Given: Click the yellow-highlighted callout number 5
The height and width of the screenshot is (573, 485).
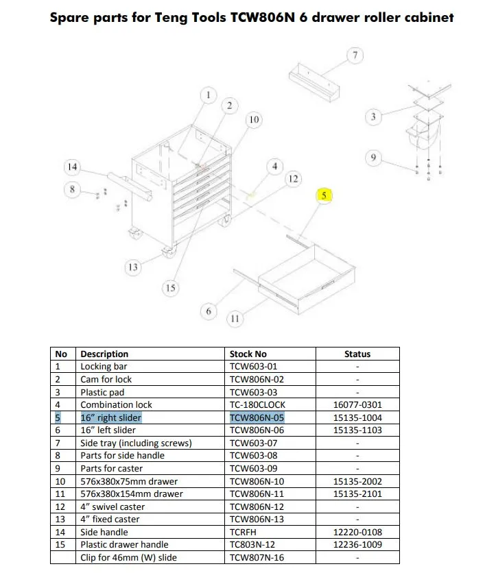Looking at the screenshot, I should pyautogui.click(x=324, y=195).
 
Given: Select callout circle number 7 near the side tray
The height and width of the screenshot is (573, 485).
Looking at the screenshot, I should pyautogui.click(x=355, y=56).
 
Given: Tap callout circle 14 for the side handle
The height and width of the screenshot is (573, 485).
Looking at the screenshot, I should pyautogui.click(x=72, y=167).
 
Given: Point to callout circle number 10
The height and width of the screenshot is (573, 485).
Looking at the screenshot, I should pyautogui.click(x=254, y=120).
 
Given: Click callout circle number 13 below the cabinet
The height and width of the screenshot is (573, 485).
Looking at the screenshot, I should pyautogui.click(x=133, y=267).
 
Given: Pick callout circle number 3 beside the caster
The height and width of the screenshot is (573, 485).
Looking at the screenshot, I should pyautogui.click(x=373, y=117).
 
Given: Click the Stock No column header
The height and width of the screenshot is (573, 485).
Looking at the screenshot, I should pyautogui.click(x=248, y=354).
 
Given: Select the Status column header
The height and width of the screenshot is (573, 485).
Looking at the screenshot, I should pyautogui.click(x=357, y=354).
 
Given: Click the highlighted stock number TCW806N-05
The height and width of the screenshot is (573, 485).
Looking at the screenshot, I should pyautogui.click(x=257, y=417).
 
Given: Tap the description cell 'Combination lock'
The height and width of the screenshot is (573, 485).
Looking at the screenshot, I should pyautogui.click(x=116, y=405).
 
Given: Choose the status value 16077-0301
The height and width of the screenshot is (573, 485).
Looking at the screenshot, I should pyautogui.click(x=357, y=405).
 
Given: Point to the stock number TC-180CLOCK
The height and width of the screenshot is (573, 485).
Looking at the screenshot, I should pyautogui.click(x=257, y=405).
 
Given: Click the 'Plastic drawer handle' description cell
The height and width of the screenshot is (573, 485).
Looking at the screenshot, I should pyautogui.click(x=124, y=545).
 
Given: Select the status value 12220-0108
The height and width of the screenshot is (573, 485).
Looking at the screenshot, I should pyautogui.click(x=357, y=532).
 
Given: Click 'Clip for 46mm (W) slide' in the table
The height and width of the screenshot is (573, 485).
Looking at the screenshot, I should pyautogui.click(x=128, y=557).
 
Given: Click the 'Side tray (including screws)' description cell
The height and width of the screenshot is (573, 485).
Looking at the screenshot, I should pyautogui.click(x=136, y=443).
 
